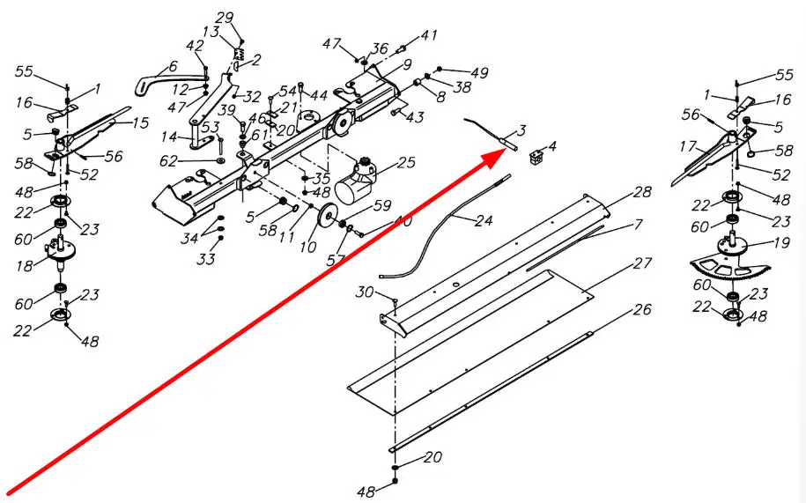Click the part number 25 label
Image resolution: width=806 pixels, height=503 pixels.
[406, 162]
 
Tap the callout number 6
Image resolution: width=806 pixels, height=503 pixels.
[173, 66]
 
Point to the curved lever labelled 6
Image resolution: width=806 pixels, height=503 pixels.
[153, 80]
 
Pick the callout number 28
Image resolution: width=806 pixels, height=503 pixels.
[642, 192]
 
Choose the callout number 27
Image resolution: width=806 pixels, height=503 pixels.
[642, 264]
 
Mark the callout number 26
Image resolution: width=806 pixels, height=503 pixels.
[642, 310]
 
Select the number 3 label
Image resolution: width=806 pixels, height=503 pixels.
[521, 130]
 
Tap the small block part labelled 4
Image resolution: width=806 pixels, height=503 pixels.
[536, 158]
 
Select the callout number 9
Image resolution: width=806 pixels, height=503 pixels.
[407, 64]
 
